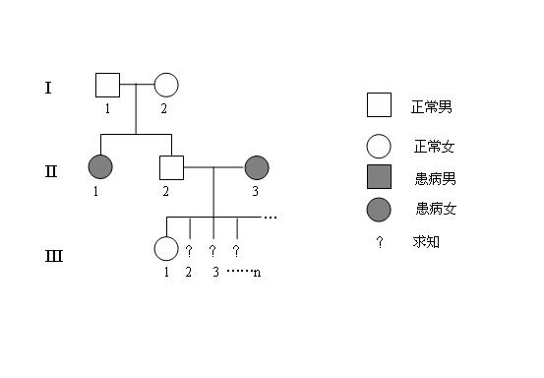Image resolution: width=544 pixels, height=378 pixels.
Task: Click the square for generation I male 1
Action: click(x=107, y=85)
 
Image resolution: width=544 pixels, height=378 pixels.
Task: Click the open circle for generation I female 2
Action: click(x=165, y=86)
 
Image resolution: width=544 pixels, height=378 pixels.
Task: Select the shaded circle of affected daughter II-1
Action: click(x=101, y=168)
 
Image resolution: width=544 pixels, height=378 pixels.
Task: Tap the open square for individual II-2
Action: click(x=172, y=168)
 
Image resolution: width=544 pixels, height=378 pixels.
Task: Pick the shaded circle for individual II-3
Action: click(x=256, y=168)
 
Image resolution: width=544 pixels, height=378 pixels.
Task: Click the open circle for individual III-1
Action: click(x=166, y=250)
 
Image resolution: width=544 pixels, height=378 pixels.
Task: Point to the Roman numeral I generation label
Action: click(x=47, y=88)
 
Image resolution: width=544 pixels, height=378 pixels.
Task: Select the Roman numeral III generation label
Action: click(x=54, y=257)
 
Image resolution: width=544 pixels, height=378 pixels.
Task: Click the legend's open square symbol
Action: click(x=379, y=105)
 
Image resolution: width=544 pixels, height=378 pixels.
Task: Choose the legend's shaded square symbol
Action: click(x=379, y=178)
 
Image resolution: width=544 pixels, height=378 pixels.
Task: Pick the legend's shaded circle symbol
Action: click(x=379, y=209)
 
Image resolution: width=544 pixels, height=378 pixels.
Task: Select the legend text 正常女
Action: click(x=434, y=148)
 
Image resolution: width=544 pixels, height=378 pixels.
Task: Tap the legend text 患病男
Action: click(x=435, y=179)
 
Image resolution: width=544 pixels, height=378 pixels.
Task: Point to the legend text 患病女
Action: click(x=436, y=209)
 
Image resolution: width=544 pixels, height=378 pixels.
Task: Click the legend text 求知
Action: click(x=426, y=241)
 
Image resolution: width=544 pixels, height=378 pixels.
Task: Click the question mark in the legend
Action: click(x=379, y=241)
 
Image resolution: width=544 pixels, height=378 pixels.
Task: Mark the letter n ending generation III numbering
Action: click(x=257, y=272)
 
